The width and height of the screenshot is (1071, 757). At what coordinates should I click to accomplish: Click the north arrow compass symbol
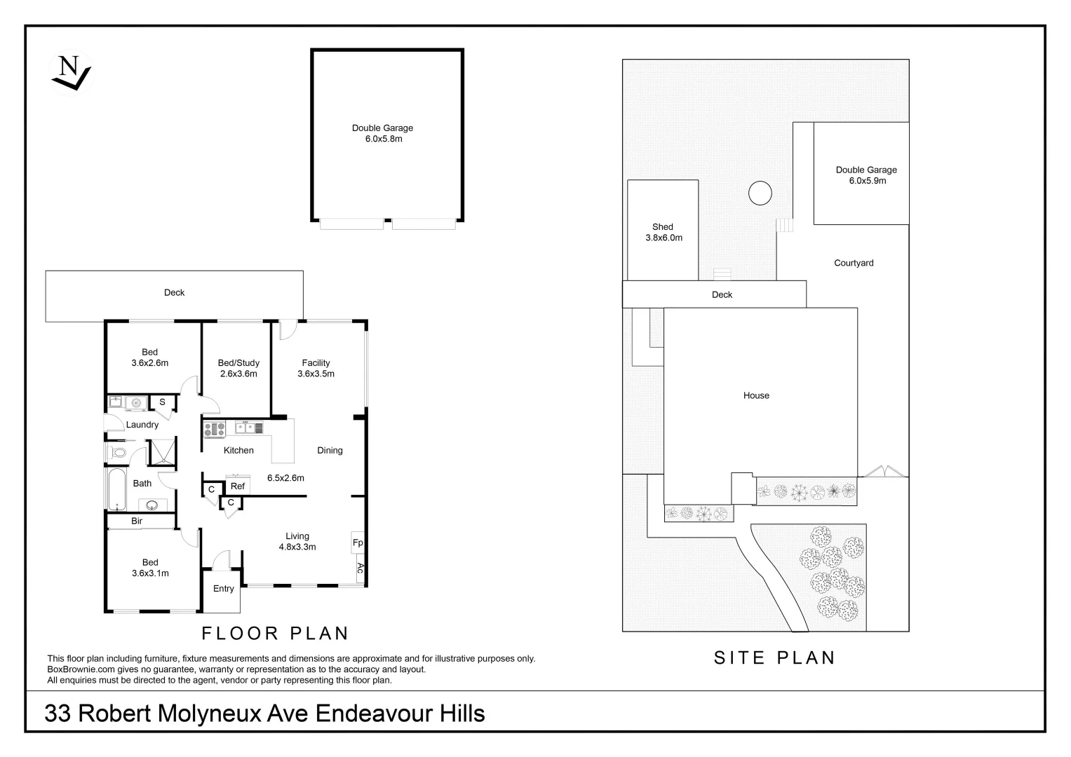click(70, 72)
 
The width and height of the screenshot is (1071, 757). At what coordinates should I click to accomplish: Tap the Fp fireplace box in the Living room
click(358, 543)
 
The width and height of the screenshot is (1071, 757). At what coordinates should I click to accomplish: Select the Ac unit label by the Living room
click(360, 568)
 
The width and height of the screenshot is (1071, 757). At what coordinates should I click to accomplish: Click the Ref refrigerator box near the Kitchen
click(238, 486)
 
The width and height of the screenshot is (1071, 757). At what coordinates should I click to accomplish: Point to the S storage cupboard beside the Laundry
click(163, 402)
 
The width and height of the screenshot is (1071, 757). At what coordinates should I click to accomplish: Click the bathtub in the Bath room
click(116, 489)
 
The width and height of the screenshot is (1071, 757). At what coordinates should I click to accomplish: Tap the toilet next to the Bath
click(118, 453)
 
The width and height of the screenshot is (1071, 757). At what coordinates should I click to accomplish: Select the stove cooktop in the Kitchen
click(214, 428)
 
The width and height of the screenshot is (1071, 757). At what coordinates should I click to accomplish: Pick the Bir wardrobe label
click(137, 521)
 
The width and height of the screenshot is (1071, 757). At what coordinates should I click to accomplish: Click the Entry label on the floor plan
click(224, 589)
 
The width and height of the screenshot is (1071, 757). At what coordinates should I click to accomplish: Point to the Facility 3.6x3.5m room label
click(316, 368)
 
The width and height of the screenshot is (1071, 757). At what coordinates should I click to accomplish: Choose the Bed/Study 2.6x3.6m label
click(238, 368)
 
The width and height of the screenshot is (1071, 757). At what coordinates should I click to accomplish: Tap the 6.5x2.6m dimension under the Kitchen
click(285, 478)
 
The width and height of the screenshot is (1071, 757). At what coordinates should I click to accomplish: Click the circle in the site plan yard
click(760, 193)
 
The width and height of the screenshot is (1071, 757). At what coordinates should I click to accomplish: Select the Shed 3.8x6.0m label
click(664, 232)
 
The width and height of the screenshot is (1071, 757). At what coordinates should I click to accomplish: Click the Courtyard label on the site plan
click(854, 263)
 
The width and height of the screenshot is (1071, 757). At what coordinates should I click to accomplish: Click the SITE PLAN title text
click(774, 657)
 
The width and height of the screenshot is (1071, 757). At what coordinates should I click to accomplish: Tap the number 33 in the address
click(58, 714)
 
